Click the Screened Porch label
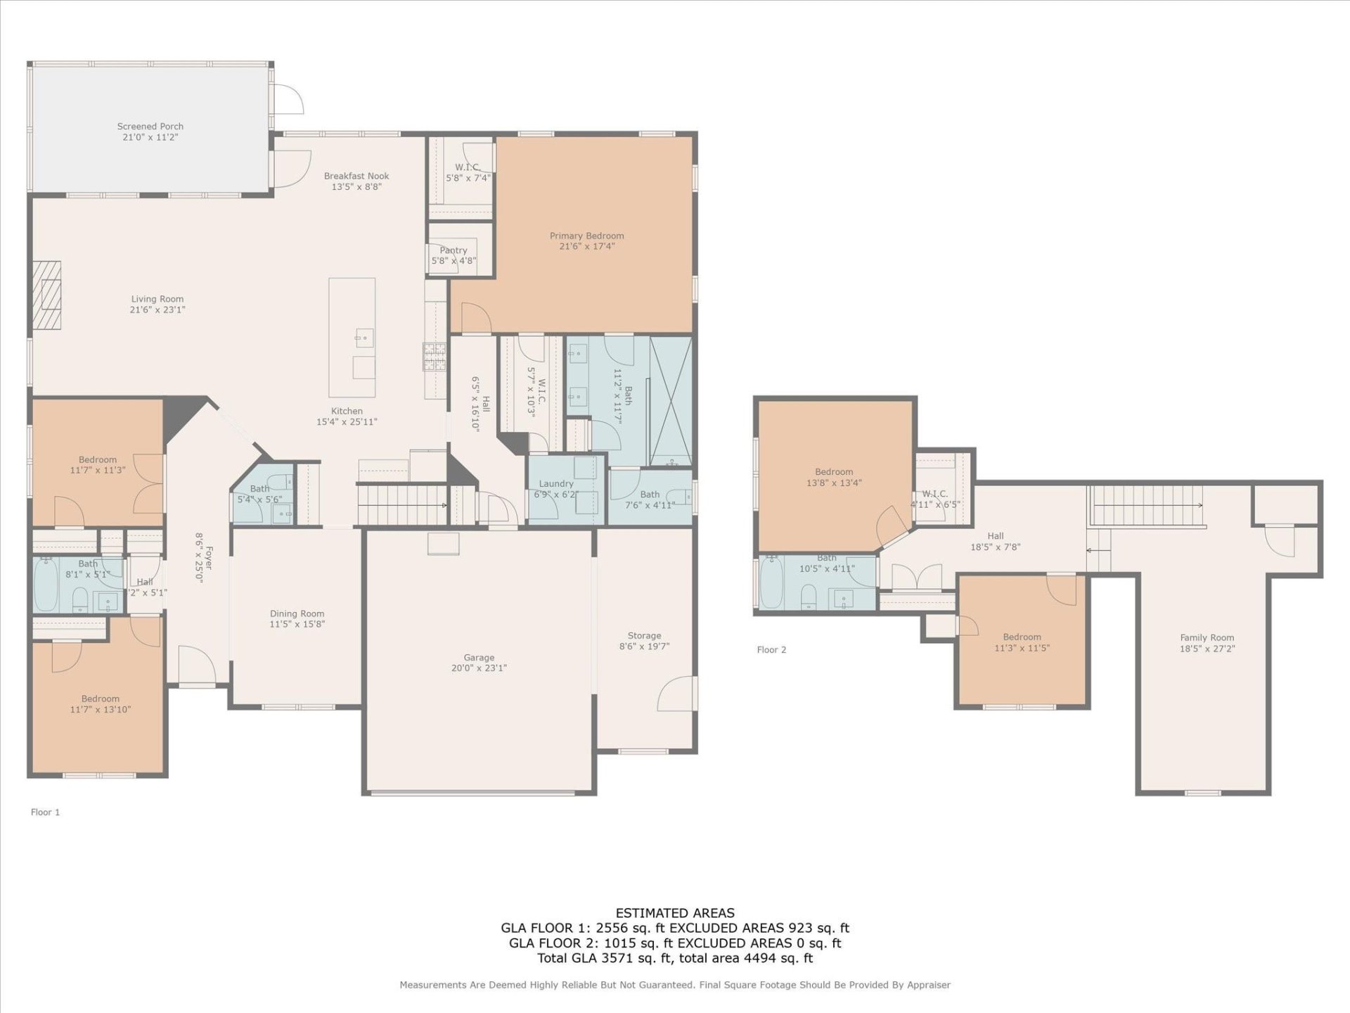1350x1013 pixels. click(x=150, y=127)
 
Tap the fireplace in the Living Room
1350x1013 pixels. click(x=47, y=295)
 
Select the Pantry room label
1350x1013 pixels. click(x=453, y=250)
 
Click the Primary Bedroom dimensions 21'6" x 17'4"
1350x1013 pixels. click(x=586, y=246)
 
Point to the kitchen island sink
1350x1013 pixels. click(x=364, y=338)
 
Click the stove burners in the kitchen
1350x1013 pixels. click(x=434, y=356)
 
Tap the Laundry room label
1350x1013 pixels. click(x=555, y=483)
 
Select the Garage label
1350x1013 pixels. click(x=478, y=657)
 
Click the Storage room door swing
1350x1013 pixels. click(x=676, y=694)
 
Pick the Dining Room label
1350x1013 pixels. click(x=297, y=613)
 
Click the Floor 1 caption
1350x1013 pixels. click(x=45, y=812)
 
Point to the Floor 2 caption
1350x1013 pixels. click(x=771, y=649)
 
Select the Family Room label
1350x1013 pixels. click(x=1207, y=637)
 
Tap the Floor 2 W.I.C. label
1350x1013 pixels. click(x=934, y=494)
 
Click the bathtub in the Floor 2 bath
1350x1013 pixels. click(x=771, y=582)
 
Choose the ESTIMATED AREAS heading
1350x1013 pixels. click(x=674, y=913)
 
